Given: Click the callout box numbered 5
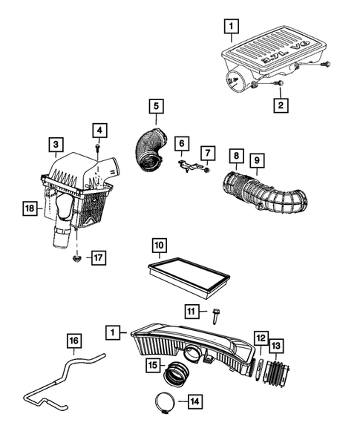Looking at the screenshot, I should point(156,105).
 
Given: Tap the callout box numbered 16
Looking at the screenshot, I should point(73,341).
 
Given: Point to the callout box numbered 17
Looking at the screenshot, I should point(97,257).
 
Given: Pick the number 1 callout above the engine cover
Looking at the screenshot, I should point(232,28).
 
